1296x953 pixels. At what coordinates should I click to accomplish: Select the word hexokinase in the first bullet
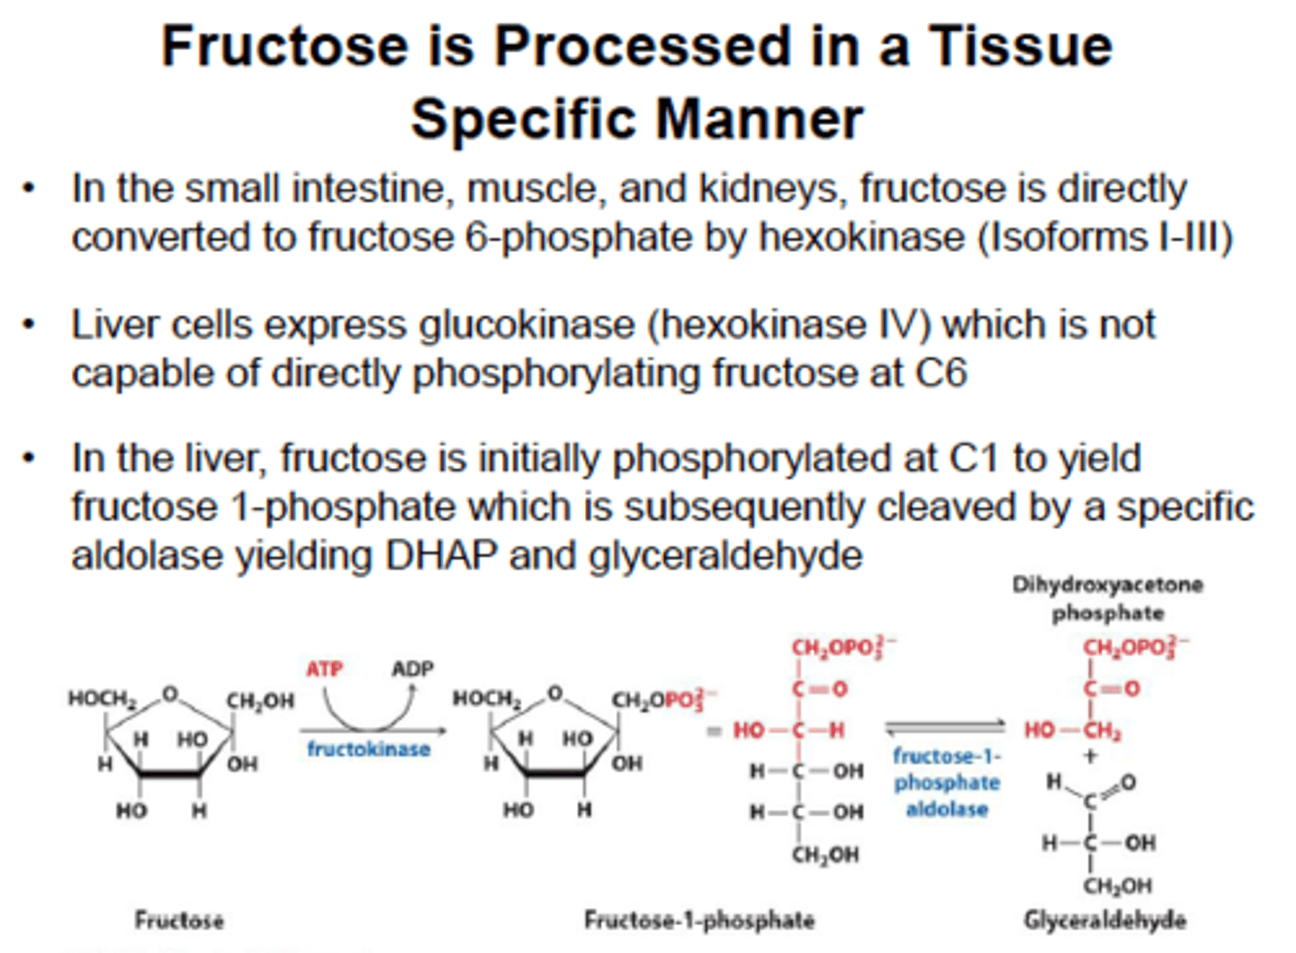pos(861,238)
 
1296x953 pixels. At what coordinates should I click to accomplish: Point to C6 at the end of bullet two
pos(940,373)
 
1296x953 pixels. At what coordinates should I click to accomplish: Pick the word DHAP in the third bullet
pos(441,555)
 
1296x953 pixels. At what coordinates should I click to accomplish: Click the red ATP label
pos(324,670)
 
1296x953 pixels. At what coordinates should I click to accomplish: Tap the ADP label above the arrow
pos(412,670)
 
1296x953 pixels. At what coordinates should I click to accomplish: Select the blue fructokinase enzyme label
pos(368,749)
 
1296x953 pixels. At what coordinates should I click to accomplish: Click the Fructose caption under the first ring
pos(179,920)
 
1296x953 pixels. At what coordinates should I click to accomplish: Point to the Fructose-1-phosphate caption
pos(699,920)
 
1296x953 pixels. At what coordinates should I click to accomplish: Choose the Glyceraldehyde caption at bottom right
pos(1104,920)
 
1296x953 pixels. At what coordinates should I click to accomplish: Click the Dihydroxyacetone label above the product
pos(1107,585)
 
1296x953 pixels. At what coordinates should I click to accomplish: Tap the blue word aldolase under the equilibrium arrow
pos(947,809)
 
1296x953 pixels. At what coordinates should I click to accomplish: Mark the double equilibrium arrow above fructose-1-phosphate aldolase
pos(945,726)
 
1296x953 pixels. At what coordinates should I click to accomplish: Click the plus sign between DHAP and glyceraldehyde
pos(1091,756)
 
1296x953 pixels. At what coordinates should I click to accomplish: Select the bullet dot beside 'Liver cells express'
pos(30,324)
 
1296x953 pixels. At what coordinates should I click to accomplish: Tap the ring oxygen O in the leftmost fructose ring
pos(169,694)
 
